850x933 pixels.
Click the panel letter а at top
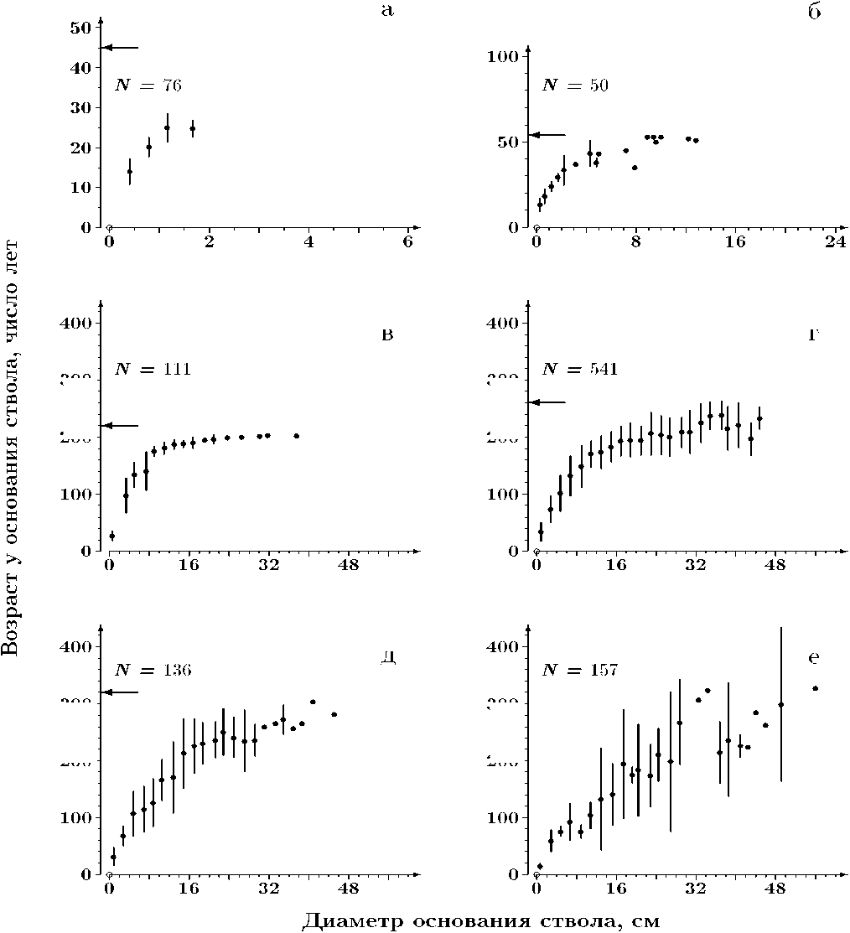pyautogui.click(x=386, y=11)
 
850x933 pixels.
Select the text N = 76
pyautogui.click(x=148, y=85)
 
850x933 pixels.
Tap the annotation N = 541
pyautogui.click(x=579, y=369)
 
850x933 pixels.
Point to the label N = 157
pyautogui.click(x=579, y=670)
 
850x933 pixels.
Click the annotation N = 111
pyautogui.click(x=153, y=369)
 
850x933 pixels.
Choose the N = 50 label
pyautogui.click(x=575, y=85)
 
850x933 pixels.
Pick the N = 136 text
pyautogui.click(x=153, y=670)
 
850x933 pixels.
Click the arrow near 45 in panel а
pyautogui.click(x=119, y=49)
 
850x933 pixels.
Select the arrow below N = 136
pyautogui.click(x=119, y=692)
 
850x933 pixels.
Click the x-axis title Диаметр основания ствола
pyautogui.click(x=480, y=921)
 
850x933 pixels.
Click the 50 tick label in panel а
pyautogui.click(x=80, y=28)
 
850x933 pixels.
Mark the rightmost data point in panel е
pyautogui.click(x=814, y=688)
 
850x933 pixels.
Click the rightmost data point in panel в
pyautogui.click(x=297, y=436)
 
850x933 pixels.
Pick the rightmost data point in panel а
pyautogui.click(x=192, y=129)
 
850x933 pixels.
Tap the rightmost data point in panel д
pyautogui.click(x=334, y=714)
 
